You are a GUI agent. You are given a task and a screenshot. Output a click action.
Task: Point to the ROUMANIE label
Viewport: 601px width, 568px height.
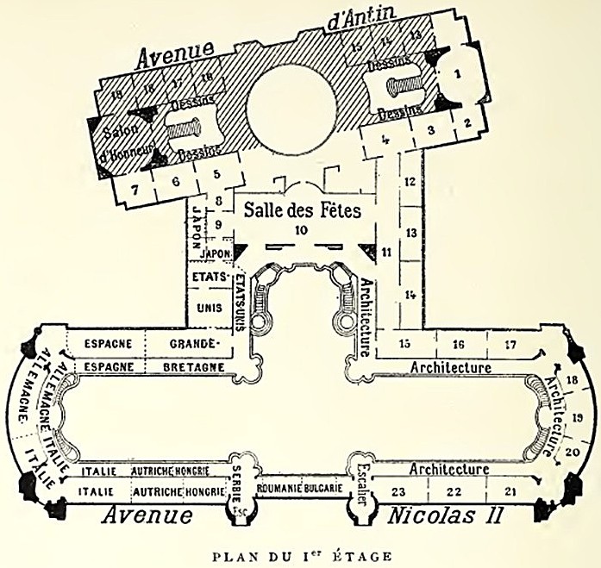coord(277,488)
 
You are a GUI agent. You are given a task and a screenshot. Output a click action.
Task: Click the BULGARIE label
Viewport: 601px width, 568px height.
coord(323,488)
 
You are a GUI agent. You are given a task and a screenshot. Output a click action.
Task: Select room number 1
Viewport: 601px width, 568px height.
coord(458,73)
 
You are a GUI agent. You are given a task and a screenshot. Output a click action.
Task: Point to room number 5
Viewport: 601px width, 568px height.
coord(216,174)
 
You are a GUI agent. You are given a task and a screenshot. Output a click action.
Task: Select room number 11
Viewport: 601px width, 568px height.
coord(385,252)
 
